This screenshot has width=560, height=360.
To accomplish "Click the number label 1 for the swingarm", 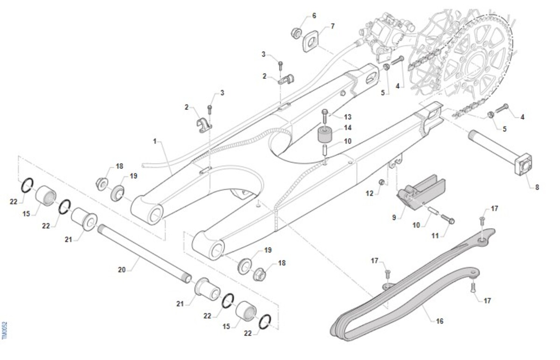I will [155, 140].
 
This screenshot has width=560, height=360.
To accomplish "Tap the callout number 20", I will [122, 269].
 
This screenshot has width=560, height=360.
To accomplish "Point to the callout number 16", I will [440, 321].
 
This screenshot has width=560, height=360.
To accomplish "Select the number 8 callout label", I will [537, 187].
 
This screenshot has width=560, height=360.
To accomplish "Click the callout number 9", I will [394, 217].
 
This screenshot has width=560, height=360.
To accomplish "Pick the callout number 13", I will [348, 117].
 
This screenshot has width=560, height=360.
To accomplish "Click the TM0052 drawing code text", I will [5, 330].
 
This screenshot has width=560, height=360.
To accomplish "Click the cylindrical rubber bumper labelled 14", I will [325, 136].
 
